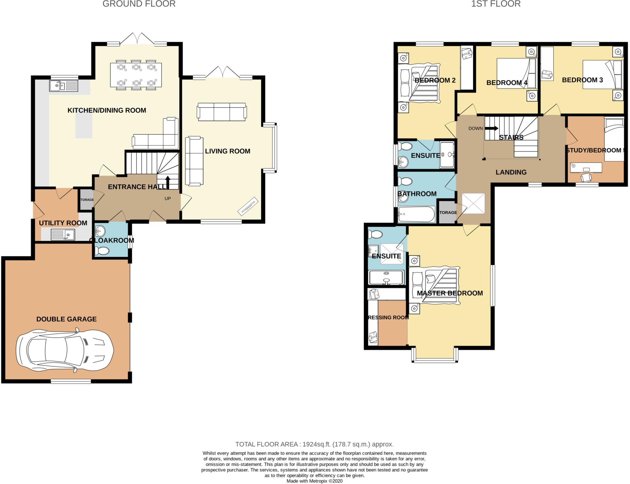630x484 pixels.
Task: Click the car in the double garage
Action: coord(65,350)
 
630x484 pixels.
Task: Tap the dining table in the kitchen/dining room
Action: coord(136,76)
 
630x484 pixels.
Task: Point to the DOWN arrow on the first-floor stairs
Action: coord(491,128)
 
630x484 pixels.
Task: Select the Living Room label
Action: coord(227,151)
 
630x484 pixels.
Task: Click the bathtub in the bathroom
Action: coord(416,214)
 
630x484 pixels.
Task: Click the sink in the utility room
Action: coord(63,235)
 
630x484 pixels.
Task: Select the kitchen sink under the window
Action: coord(64,86)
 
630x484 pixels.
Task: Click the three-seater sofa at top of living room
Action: coord(221,111)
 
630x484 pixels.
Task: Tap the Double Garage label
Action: coord(66,319)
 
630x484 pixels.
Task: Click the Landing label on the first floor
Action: coord(511,172)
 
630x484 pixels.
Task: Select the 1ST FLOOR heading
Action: coord(496,4)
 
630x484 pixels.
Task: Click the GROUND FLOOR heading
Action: coord(139,4)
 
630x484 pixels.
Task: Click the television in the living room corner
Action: coord(248,205)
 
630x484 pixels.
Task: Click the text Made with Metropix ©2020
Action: coord(314,481)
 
